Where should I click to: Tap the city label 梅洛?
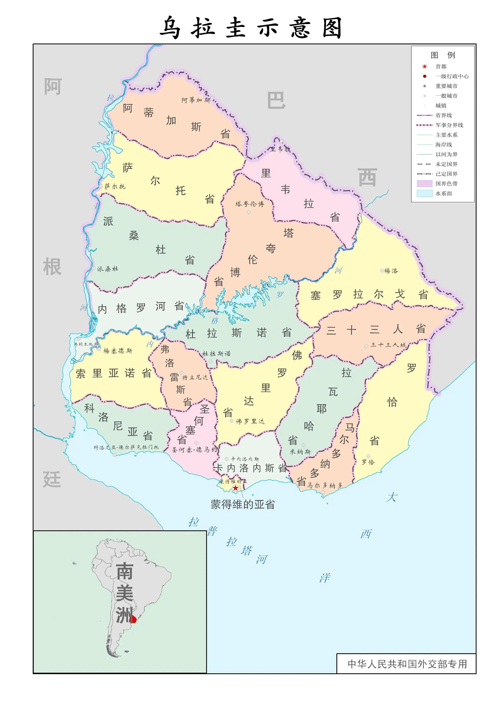(391, 271)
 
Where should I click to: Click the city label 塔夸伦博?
(250, 204)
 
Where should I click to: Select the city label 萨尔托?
(115, 186)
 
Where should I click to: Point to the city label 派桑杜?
(108, 269)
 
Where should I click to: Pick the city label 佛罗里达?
(250, 421)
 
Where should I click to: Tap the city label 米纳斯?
(300, 452)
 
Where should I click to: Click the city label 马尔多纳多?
(325, 485)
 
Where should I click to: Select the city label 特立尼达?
(195, 377)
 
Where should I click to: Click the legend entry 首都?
(441, 67)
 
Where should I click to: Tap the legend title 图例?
(442, 55)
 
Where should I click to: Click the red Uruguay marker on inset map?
(133, 619)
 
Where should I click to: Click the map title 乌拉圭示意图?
(251, 28)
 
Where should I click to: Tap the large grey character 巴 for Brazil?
(276, 100)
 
